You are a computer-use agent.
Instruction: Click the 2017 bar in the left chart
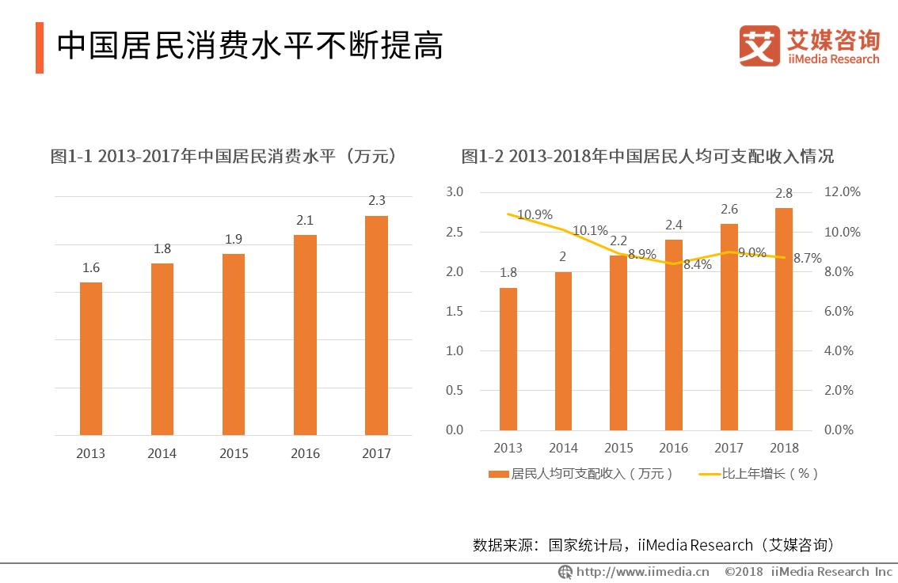coord(376,325)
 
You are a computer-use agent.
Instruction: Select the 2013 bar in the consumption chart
coord(91,358)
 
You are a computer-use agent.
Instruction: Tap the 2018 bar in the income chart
coord(783,319)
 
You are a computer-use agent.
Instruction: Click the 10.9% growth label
coord(535,215)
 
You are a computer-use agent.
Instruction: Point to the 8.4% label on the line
coord(696,265)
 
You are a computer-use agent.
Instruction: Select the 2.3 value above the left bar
coord(376,201)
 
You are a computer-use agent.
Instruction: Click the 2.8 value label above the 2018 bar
coord(783,193)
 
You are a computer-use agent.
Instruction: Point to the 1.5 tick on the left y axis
coord(454,311)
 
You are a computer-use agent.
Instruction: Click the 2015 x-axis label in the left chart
coord(234,453)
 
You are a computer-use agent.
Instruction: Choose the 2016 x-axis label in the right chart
coord(674,448)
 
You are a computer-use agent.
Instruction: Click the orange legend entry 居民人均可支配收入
coord(581,474)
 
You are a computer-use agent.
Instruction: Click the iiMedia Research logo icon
coord(759,47)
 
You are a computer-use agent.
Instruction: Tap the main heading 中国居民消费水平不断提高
coord(249,47)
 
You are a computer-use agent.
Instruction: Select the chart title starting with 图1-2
coord(647,156)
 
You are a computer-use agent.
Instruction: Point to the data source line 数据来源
coord(653,545)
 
